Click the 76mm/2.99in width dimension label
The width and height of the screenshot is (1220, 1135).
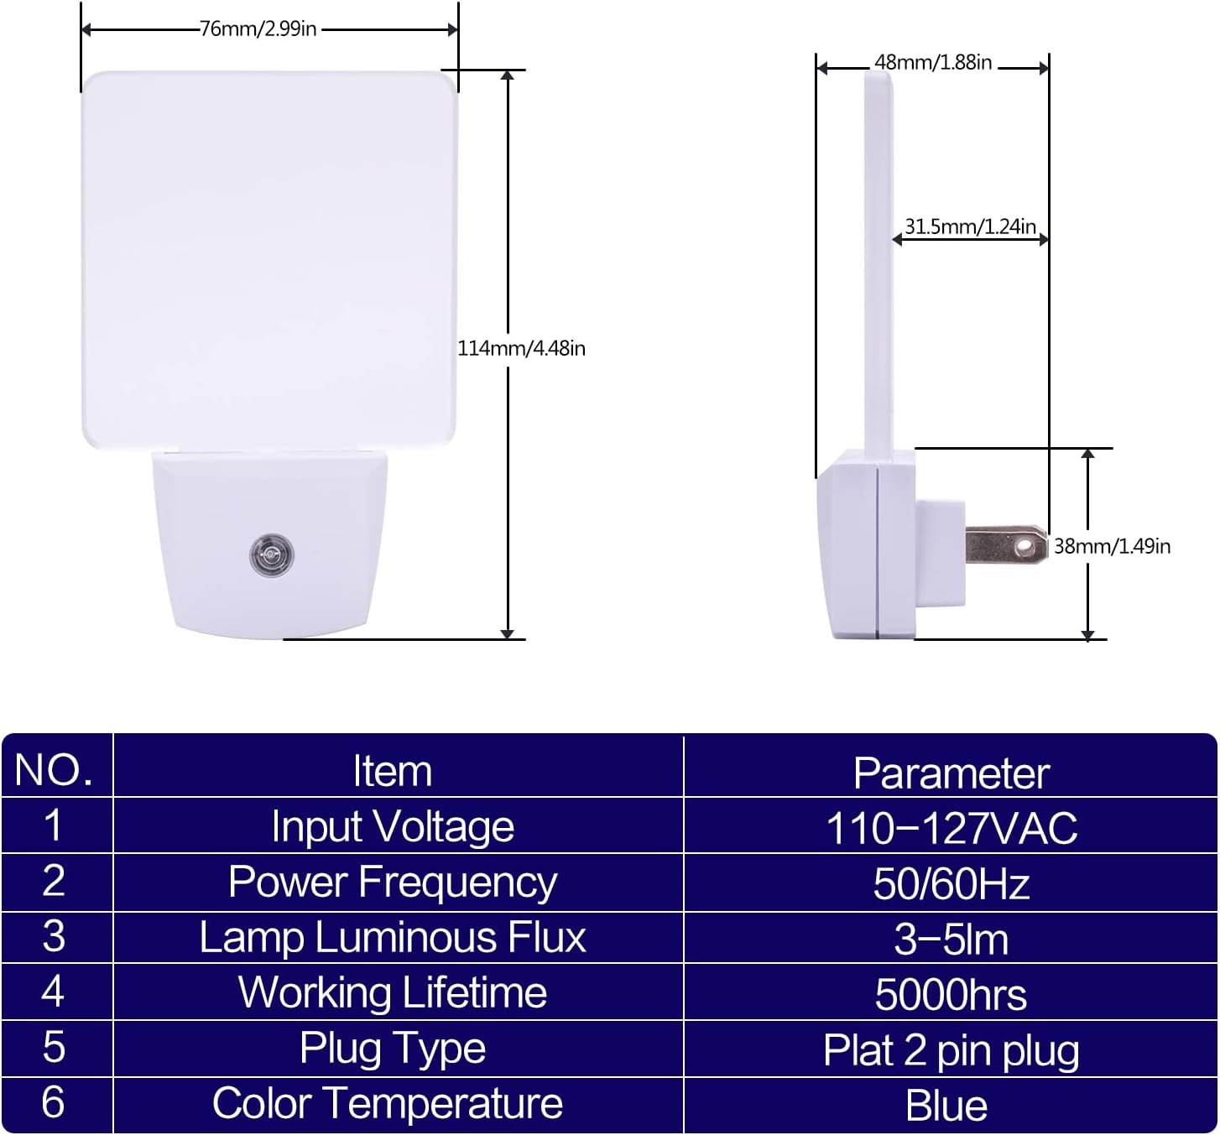(x=258, y=29)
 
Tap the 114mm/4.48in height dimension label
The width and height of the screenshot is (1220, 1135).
(x=522, y=349)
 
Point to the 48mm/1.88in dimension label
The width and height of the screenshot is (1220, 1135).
(x=933, y=62)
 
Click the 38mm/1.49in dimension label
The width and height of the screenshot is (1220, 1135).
(x=1113, y=546)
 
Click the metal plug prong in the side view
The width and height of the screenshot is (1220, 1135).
(x=1006, y=545)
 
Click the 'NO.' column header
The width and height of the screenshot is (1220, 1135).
(x=54, y=770)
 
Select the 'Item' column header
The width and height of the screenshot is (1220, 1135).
(x=393, y=771)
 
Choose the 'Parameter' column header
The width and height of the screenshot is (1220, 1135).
(x=951, y=773)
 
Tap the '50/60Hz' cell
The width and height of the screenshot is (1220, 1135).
(x=951, y=884)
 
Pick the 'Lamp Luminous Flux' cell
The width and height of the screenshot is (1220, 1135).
(x=393, y=938)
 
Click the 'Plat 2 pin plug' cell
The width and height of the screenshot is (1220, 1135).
(x=951, y=1051)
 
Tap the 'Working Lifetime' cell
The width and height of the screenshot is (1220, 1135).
(x=393, y=993)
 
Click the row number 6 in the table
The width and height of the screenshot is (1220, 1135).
(x=54, y=1102)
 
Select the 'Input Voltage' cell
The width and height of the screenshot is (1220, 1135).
(x=393, y=826)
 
